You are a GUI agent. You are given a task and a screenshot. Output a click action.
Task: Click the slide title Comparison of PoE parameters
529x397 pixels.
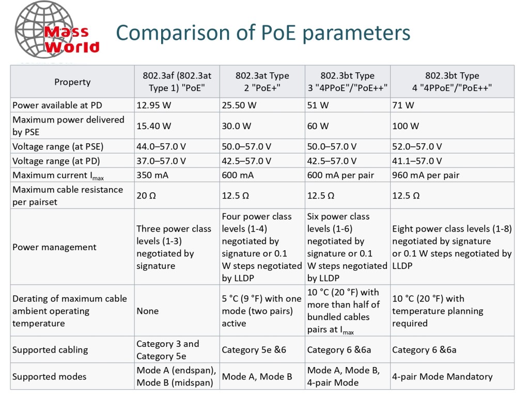pyautogui.click(x=263, y=33)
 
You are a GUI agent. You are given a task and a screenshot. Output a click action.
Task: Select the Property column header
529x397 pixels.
pyautogui.click(x=72, y=82)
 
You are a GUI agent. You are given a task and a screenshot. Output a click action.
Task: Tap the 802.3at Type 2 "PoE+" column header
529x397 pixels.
pyautogui.click(x=262, y=82)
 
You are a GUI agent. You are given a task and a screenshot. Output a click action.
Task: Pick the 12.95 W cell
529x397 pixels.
pyautogui.click(x=153, y=105)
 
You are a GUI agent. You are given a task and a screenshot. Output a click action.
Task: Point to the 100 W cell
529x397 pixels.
pyautogui.click(x=405, y=126)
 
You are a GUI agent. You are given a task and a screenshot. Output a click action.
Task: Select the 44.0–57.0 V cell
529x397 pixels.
pyautogui.click(x=161, y=146)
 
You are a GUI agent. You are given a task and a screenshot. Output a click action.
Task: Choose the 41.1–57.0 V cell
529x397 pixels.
pyautogui.click(x=417, y=161)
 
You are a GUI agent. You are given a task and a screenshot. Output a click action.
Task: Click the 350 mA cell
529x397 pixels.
pyautogui.click(x=152, y=175)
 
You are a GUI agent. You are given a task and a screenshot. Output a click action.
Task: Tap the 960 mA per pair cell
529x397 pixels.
pyautogui.click(x=426, y=175)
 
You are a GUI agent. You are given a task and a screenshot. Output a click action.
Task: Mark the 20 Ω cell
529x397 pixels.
pyautogui.click(x=146, y=195)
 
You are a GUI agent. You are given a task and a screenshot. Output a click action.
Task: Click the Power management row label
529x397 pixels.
pyautogui.click(x=54, y=247)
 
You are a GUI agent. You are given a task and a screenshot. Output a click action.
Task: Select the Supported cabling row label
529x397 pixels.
pyautogui.click(x=50, y=350)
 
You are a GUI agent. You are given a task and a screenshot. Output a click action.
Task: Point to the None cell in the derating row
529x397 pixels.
pyautogui.click(x=147, y=311)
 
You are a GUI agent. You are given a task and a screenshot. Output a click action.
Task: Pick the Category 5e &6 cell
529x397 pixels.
pyautogui.click(x=254, y=350)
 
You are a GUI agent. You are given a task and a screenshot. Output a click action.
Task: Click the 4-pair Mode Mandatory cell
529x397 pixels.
pyautogui.click(x=442, y=376)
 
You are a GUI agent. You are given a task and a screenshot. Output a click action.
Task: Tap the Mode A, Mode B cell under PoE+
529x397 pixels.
pyautogui.click(x=257, y=376)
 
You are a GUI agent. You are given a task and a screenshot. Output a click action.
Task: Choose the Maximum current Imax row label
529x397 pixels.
pyautogui.click(x=58, y=176)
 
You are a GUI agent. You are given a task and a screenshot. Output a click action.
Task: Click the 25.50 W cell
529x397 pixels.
pyautogui.click(x=239, y=105)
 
